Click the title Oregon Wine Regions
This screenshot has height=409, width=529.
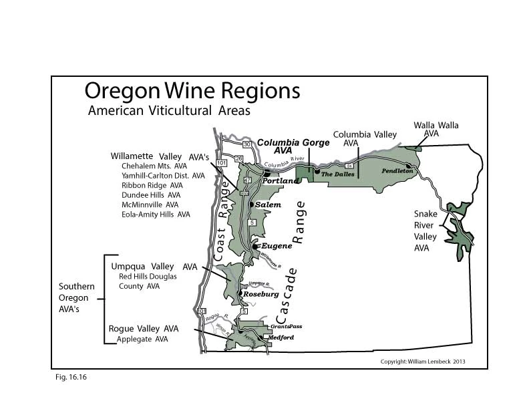coord(192,92)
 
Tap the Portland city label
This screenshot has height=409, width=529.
coord(279,181)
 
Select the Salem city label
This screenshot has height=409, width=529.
coord(269,204)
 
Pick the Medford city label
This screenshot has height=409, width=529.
coord(281,337)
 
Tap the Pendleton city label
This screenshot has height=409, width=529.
coord(398,171)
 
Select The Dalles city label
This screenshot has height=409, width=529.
coord(336,174)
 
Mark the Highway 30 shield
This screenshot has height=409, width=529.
coord(246,144)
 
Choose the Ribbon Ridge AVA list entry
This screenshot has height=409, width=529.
coord(152,185)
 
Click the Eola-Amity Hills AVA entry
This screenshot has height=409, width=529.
coord(156,214)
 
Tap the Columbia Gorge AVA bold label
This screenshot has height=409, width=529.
coord(293,146)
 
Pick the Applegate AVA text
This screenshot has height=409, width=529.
coord(142,339)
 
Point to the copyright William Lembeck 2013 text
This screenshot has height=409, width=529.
coord(422,362)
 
